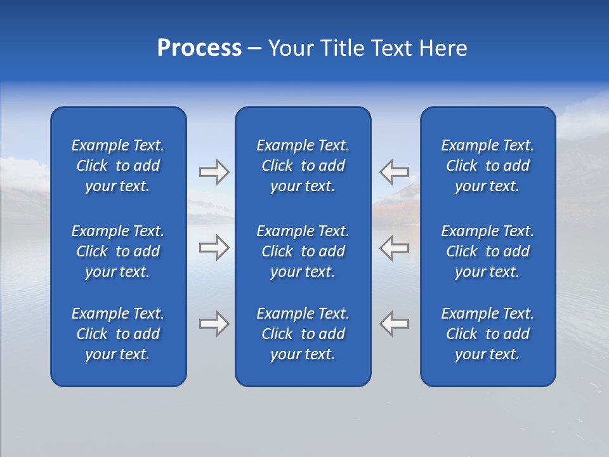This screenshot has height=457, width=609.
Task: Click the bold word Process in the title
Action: [199, 48]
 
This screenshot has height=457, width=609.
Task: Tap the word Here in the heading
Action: [442, 48]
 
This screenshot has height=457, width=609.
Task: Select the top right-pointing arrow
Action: [214, 172]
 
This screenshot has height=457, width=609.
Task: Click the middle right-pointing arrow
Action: [214, 248]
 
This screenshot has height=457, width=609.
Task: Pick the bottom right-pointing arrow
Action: [214, 324]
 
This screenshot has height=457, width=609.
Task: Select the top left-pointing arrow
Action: [394, 172]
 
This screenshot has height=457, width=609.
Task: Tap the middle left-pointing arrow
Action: [394, 248]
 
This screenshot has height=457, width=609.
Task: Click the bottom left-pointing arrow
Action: [394, 324]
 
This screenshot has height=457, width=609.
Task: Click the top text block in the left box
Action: [118, 166]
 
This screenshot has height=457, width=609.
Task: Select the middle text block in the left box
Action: [118, 251]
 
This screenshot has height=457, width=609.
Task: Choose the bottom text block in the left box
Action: [118, 334]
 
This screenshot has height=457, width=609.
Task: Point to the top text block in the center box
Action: [303, 166]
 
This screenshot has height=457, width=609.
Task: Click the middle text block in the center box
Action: [303, 251]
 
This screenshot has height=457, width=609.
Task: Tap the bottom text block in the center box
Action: [303, 334]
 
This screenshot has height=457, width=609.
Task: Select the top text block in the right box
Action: [487, 166]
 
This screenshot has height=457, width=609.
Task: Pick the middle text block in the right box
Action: [487, 251]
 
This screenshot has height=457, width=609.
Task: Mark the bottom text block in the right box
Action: [487, 334]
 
